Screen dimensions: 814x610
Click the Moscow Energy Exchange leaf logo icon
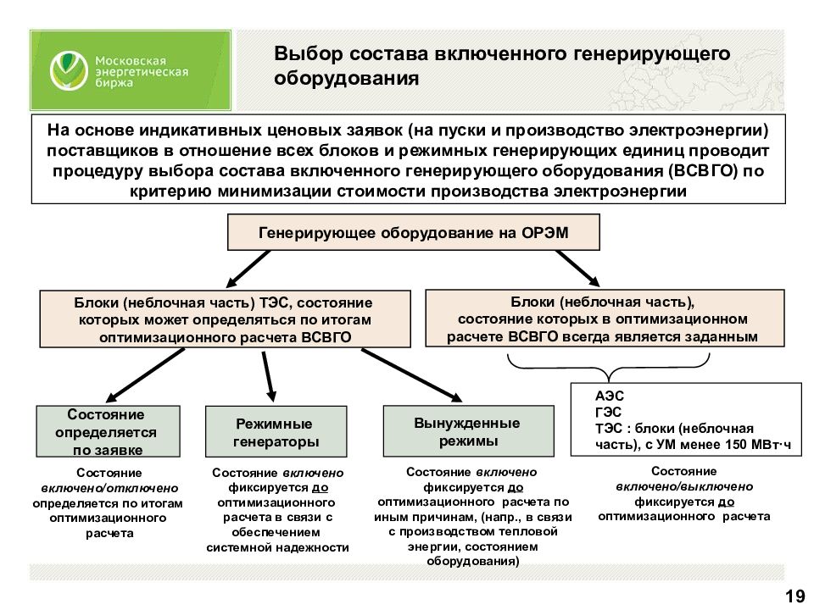pyautogui.click(x=69, y=71)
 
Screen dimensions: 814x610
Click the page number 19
pyautogui.click(x=794, y=596)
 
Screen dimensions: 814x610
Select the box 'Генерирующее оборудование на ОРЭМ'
pyautogui.click(x=413, y=232)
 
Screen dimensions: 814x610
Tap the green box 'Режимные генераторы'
pyautogui.click(x=276, y=431)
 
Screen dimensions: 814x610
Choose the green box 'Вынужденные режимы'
pyautogui.click(x=468, y=431)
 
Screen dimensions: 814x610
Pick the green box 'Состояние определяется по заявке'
pyautogui.click(x=108, y=431)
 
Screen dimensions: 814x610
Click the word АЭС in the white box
pyautogui.click(x=610, y=396)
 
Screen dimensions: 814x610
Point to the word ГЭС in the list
pyautogui.click(x=609, y=413)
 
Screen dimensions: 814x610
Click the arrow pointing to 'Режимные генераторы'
pyautogui.click(x=269, y=376)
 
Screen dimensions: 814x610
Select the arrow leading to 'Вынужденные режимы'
pyautogui.click(x=412, y=375)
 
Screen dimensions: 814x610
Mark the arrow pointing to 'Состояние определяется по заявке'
pyautogui.click(x=145, y=375)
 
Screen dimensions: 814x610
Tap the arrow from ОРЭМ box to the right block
pyautogui.click(x=577, y=269)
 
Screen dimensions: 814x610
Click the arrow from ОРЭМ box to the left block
pyautogui.click(x=248, y=269)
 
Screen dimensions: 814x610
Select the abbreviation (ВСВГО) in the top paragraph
pyautogui.click(x=703, y=170)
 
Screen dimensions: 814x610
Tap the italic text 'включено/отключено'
pyautogui.click(x=109, y=488)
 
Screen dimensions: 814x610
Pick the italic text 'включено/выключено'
pyautogui.click(x=684, y=486)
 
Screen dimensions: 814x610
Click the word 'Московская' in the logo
pyautogui.click(x=131, y=61)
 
